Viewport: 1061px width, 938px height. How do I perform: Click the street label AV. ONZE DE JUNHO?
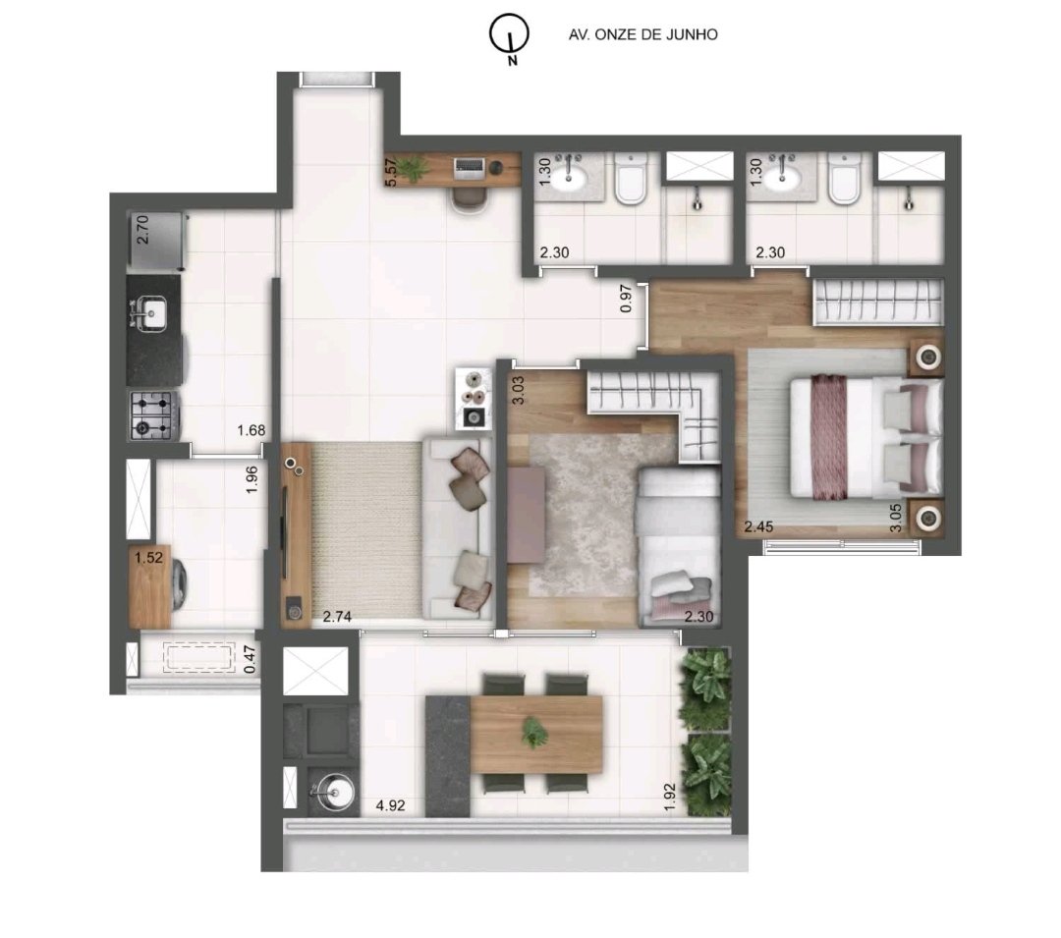[x=642, y=34]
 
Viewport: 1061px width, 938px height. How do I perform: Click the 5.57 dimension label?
[x=390, y=173]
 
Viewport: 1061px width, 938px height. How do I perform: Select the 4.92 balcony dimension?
[x=390, y=805]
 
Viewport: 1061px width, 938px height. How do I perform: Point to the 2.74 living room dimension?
[x=337, y=616]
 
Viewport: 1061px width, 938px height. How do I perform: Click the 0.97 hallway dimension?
[x=626, y=299]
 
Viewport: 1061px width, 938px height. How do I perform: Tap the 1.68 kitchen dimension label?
[x=251, y=430]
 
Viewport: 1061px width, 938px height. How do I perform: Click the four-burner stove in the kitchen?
[x=153, y=415]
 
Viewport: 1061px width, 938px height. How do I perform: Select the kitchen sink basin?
[x=153, y=313]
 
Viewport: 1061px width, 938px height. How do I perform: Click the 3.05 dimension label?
[x=896, y=518]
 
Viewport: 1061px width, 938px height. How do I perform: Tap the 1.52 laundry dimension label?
[x=149, y=557]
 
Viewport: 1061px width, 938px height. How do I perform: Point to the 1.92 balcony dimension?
[x=670, y=797]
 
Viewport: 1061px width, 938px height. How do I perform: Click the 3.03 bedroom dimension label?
[x=519, y=390]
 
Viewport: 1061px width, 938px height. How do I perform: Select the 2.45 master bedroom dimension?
[x=758, y=526]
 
